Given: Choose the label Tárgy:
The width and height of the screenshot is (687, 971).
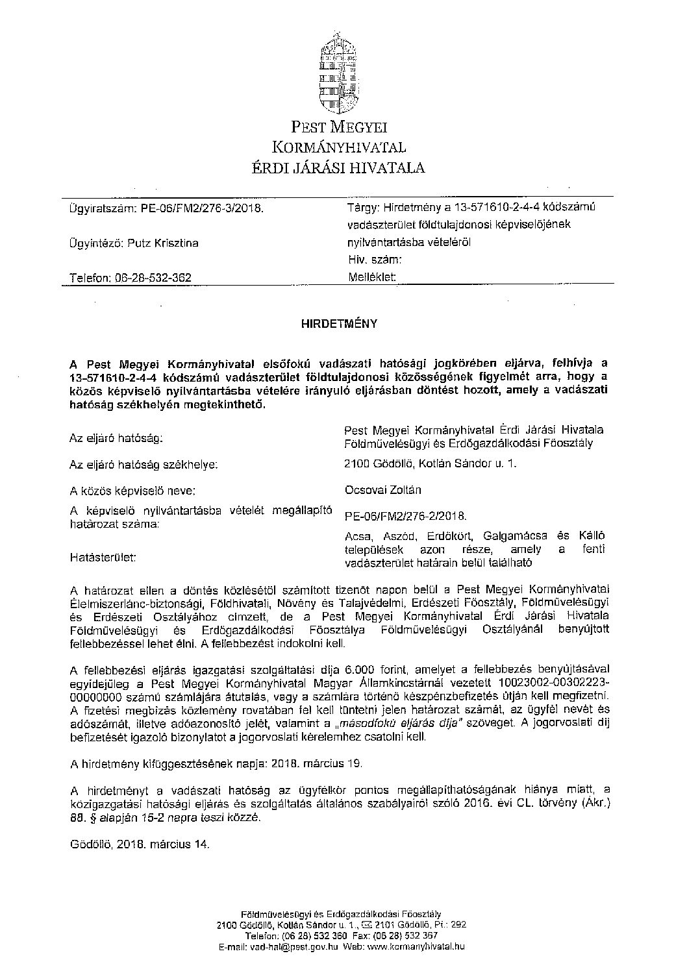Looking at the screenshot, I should (x=363, y=207).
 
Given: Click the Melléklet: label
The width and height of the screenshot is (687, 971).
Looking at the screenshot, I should (x=372, y=277).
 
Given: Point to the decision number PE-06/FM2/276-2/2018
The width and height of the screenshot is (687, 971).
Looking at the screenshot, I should (x=406, y=516).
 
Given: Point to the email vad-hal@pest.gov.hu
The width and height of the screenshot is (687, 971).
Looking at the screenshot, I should (x=287, y=948).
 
